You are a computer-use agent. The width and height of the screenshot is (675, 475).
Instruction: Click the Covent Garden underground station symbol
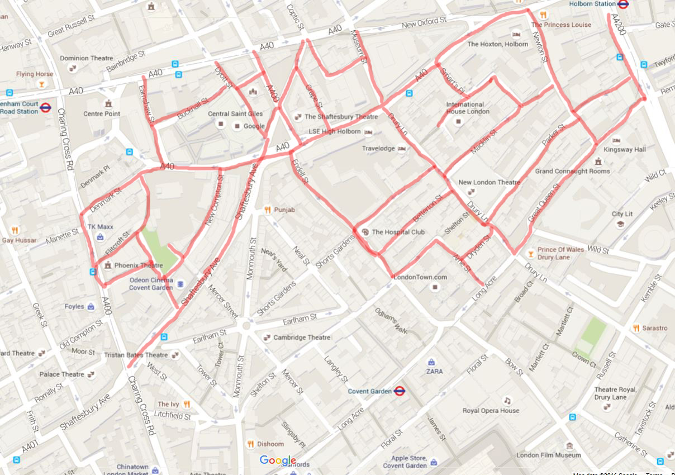pos(399,391)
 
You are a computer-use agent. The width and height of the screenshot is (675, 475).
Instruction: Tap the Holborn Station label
pos(592,4)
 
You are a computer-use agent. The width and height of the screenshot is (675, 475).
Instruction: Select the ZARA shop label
pos(434,371)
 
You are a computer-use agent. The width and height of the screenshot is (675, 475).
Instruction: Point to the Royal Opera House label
pos(491,411)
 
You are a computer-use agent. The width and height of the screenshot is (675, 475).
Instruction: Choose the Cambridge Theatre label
pos(301,338)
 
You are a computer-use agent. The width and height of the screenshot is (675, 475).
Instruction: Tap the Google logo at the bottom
pos(278,460)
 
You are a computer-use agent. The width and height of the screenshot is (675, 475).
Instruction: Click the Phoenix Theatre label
pos(139,265)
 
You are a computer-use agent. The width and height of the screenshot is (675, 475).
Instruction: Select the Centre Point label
pos(102,114)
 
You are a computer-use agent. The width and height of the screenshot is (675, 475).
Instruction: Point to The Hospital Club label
pos(398,232)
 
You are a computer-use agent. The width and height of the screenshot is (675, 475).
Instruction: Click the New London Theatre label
pos(489,182)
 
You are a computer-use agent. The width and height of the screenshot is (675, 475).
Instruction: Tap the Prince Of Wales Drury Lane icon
pos(530,253)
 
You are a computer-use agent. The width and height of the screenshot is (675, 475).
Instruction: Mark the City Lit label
pos(622,214)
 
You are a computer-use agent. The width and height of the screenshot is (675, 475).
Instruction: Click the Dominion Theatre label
pos(87,58)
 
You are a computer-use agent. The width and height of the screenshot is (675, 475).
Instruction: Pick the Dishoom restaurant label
pos(270,444)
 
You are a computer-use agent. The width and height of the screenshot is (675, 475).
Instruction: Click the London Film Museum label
pos(549,455)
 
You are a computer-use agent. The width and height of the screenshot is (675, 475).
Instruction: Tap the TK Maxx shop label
pos(101,227)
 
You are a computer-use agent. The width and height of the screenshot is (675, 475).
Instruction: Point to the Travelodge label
pos(378,149)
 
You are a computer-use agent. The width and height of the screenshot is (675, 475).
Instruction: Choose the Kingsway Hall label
pos(625,150)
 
